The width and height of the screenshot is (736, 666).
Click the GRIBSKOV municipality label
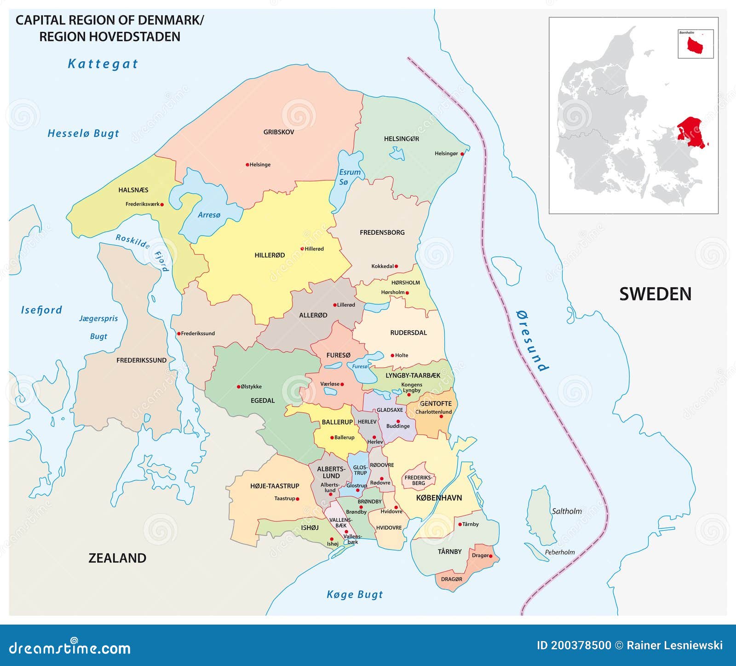(x=278, y=132)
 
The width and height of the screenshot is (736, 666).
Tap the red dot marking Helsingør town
(x=462, y=154)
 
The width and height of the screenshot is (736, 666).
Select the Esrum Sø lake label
(x=350, y=177)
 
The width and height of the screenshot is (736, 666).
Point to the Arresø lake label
(x=209, y=215)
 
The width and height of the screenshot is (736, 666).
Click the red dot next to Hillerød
(x=302, y=249)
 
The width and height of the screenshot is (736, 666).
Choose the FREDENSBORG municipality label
(x=382, y=232)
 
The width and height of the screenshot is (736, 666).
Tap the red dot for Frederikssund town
(x=179, y=334)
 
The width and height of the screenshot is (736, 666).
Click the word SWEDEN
(x=655, y=294)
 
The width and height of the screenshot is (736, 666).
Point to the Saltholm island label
(x=566, y=511)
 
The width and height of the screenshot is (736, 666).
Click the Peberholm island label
(x=559, y=552)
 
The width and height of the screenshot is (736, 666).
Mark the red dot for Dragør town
(x=491, y=556)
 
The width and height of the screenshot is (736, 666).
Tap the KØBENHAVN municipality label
(x=438, y=498)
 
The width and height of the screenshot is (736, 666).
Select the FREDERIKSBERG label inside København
(x=419, y=480)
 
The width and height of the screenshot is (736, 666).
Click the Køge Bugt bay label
(x=354, y=594)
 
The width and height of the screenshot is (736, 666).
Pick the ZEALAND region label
(x=117, y=558)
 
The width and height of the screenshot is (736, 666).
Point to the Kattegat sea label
(x=103, y=64)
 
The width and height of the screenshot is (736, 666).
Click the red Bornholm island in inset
(x=695, y=45)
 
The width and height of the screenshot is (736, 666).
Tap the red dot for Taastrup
(x=298, y=498)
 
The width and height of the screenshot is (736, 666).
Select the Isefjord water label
(x=41, y=310)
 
